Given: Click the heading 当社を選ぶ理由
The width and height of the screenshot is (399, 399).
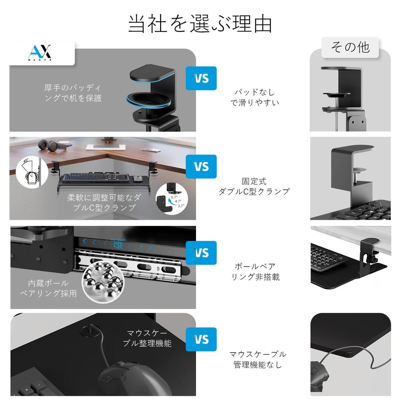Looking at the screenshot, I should click(199, 24).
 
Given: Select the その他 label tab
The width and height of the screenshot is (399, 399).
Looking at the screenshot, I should click(350, 47).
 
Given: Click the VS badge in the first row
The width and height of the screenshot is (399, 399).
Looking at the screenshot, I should click(201, 78).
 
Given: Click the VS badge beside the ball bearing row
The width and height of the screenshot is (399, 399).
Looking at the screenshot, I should click(201, 253).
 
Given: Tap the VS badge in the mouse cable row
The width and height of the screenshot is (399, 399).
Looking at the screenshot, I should click(201, 339).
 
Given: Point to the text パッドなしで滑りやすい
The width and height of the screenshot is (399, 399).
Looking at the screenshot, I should click(254, 98).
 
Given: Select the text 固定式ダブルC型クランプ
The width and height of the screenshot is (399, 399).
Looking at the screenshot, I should click(254, 187).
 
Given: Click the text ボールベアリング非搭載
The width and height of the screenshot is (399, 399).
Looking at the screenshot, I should click(256, 272).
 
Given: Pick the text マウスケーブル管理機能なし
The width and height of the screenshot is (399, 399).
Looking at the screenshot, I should click(258, 359).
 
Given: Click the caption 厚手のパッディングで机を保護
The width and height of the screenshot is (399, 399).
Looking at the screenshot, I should click(73, 93).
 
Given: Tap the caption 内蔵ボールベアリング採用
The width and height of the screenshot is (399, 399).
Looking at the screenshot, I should click(48, 288).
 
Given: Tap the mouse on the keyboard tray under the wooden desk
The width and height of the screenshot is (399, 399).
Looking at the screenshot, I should click(137, 179).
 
